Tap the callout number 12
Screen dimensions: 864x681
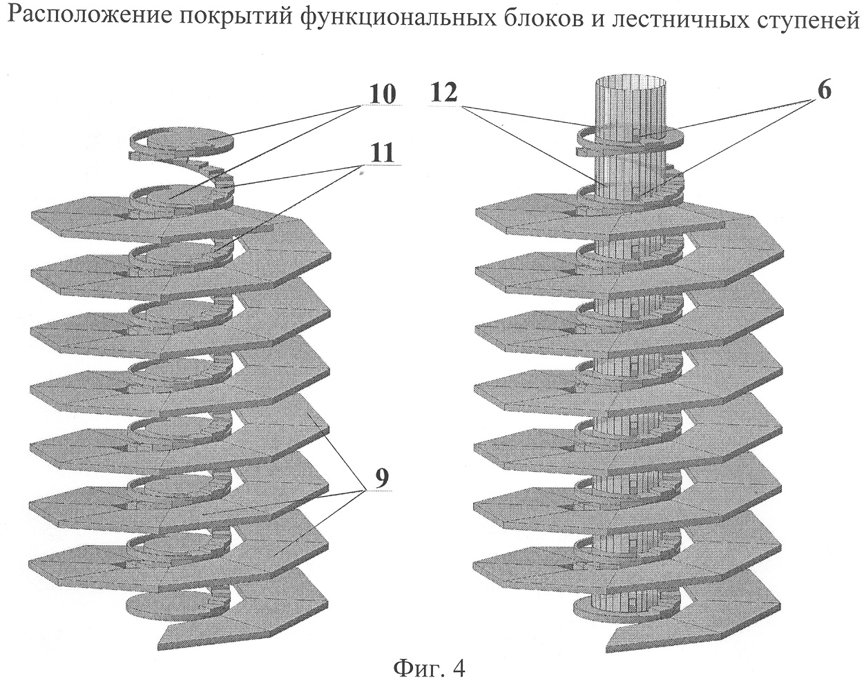click(443, 93)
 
